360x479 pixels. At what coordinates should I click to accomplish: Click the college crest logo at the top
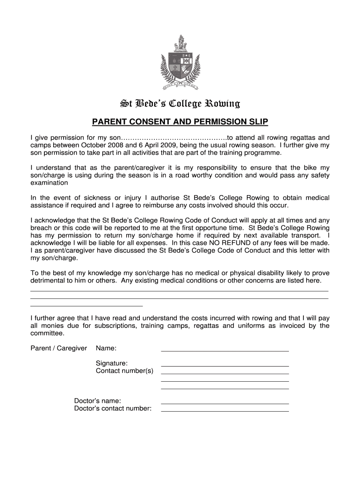tap(180, 63)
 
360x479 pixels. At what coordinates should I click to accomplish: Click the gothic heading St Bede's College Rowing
tap(180, 103)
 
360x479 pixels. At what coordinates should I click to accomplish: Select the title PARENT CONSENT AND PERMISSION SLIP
tap(180, 123)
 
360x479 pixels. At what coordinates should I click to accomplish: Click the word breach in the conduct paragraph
tap(42, 228)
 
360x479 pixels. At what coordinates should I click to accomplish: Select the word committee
tap(47, 333)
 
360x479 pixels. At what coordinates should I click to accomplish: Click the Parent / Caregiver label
tap(59, 348)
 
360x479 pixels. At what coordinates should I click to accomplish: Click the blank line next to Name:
tap(224, 350)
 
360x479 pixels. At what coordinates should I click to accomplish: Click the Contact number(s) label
tap(124, 371)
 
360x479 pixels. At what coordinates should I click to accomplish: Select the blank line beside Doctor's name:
tap(224, 403)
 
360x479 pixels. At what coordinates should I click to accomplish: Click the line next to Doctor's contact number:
tap(224, 410)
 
